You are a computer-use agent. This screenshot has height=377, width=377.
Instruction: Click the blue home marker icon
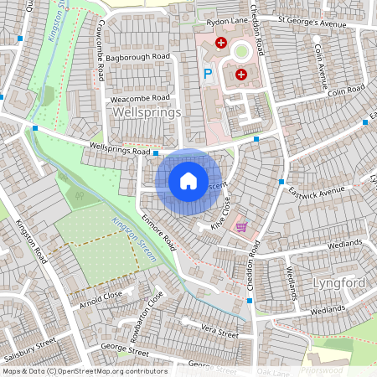188,180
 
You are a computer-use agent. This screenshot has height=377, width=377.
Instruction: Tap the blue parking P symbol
208,75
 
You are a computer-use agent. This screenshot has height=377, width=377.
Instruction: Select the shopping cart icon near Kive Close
242,227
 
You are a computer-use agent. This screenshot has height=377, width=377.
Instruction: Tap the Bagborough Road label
138,56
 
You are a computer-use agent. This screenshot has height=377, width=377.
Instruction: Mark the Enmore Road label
158,232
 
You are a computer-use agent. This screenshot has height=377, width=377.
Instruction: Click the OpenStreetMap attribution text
85,371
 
